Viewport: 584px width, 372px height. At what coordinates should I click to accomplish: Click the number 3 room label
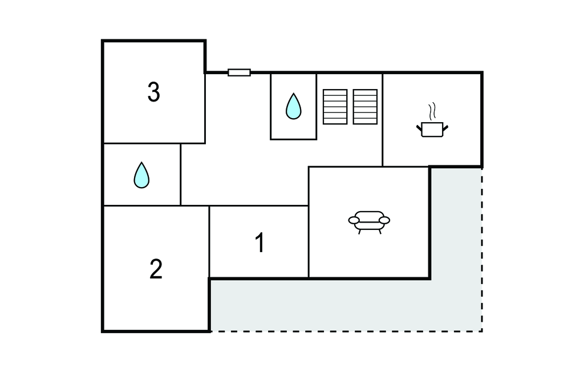(x=153, y=92)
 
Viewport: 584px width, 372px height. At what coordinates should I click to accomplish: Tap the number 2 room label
(x=156, y=269)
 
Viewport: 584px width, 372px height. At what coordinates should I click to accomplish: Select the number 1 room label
(x=260, y=244)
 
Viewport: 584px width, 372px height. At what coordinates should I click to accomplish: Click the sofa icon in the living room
(x=369, y=221)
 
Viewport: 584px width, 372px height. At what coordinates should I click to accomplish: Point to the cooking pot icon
(x=433, y=129)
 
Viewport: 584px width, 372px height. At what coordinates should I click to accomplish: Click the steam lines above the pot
(x=433, y=110)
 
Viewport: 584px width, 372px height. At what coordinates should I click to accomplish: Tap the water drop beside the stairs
(x=293, y=106)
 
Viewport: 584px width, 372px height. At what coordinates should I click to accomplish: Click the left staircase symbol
(x=335, y=107)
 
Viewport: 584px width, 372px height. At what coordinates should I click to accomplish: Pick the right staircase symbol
(x=365, y=107)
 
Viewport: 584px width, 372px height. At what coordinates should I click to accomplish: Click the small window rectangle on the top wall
(x=239, y=72)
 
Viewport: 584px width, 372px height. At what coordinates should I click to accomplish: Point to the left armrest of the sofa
(x=354, y=220)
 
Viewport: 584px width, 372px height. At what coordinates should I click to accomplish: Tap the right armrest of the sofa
(x=385, y=220)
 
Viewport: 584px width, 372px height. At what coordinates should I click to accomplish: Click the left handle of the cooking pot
(x=419, y=126)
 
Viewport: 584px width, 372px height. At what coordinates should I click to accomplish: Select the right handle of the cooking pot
(x=447, y=126)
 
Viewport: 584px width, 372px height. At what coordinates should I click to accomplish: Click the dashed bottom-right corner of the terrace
(x=482, y=331)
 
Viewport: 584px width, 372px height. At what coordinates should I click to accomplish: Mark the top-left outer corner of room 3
(x=103, y=41)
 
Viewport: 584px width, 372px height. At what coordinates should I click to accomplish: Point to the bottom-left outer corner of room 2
(x=103, y=331)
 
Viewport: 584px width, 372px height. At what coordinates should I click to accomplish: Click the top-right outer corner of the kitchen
(x=482, y=72)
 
